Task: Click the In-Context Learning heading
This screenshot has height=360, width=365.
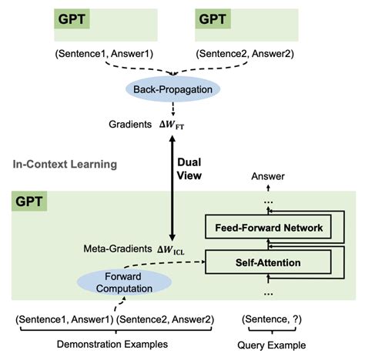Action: click(x=66, y=164)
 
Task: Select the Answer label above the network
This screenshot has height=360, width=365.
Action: click(x=270, y=177)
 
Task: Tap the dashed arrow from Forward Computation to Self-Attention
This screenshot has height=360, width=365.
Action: click(x=177, y=264)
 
